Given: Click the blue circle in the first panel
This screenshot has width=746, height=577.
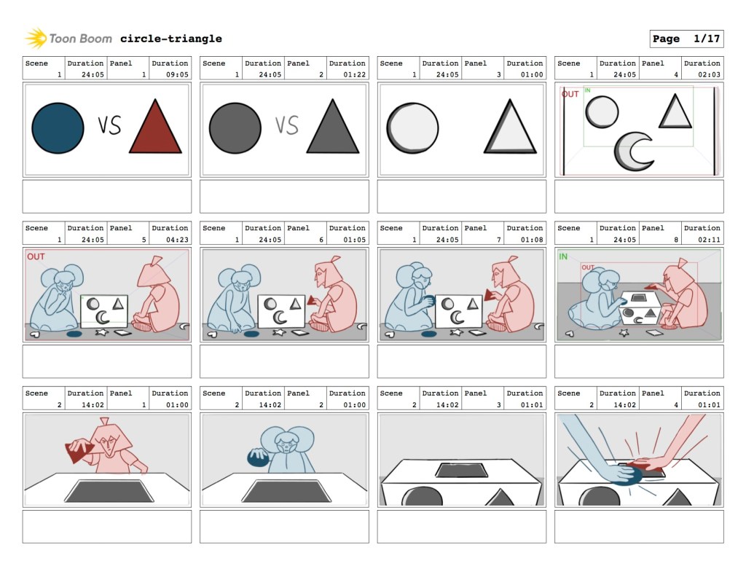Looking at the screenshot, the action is coord(58,128).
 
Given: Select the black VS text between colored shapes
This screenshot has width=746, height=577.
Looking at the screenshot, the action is coord(110,125).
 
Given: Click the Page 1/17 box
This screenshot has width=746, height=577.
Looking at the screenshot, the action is coord(686,39).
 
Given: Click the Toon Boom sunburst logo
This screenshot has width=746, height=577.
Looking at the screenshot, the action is coord(36,38).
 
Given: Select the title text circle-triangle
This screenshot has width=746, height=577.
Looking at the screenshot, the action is coord(170,39).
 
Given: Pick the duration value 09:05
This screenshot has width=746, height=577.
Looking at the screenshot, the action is coord(177,75).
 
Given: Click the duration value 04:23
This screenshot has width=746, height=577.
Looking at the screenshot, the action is coord(177,240).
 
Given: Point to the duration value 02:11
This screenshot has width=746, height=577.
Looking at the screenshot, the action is coord(709,240).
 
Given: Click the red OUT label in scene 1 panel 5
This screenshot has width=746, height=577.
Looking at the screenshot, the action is coord(36,257).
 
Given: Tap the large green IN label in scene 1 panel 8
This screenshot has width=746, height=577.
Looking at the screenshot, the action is coord(563,257).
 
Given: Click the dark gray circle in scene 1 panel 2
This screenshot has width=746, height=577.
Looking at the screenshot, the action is coord(235,128).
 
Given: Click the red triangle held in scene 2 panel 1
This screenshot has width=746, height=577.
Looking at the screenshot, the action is coord(79,450).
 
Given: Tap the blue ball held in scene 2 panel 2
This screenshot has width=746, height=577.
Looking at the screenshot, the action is coord(259,458).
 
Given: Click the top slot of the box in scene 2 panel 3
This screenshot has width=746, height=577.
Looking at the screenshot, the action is coord(461,470).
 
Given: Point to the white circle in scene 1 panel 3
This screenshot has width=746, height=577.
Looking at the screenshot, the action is coord(412,128).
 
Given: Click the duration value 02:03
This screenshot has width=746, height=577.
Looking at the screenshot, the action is coord(709,75).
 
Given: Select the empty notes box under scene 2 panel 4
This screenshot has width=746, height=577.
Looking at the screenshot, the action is coord(639,527).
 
